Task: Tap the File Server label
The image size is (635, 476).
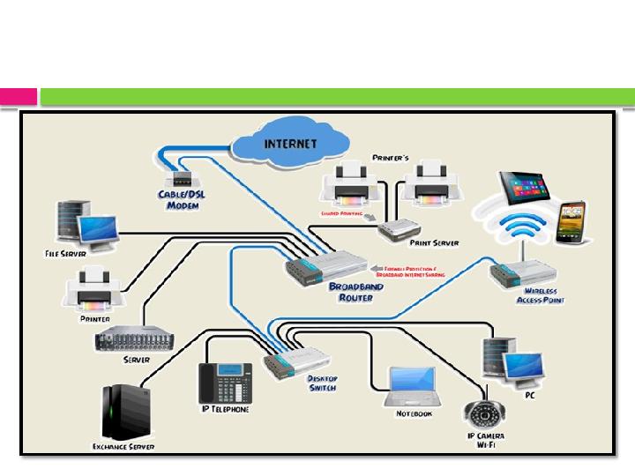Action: (x=65, y=253)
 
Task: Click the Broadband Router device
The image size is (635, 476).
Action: (x=326, y=264)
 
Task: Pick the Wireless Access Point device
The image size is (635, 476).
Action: (x=526, y=271)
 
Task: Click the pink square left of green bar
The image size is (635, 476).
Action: (x=19, y=96)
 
